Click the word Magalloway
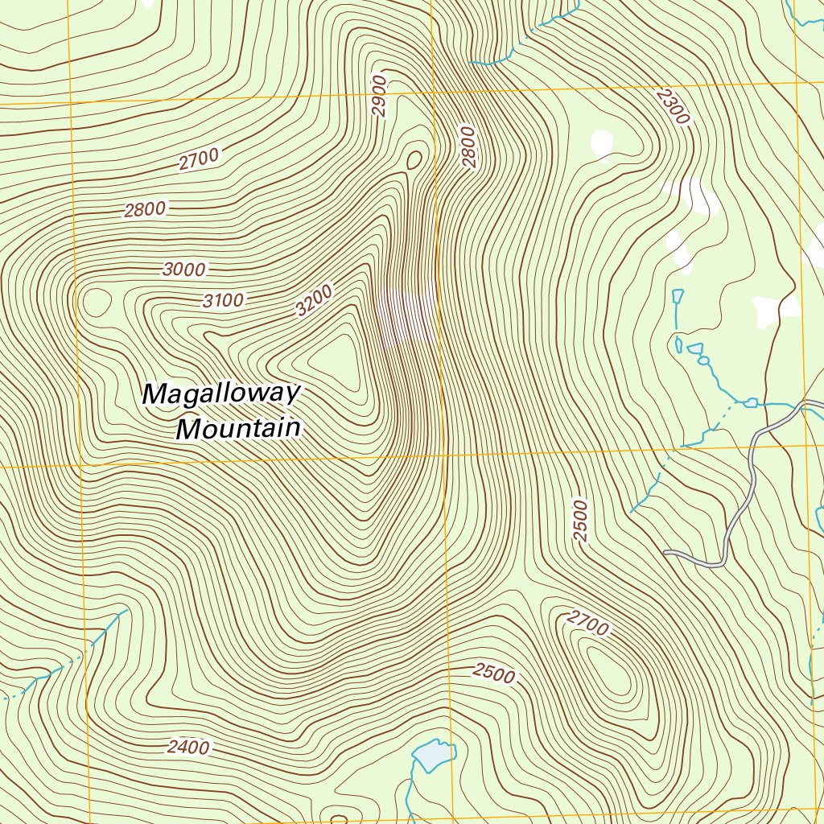pyautogui.click(x=221, y=393)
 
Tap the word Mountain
pyautogui.click(x=238, y=428)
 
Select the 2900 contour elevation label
pyautogui.click(x=380, y=96)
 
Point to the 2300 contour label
pyautogui.click(x=673, y=106)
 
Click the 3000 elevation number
pyautogui.click(x=184, y=270)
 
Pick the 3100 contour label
pyautogui.click(x=223, y=301)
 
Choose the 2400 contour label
pyautogui.click(x=188, y=748)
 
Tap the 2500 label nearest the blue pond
pyautogui.click(x=493, y=673)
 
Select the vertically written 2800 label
pyautogui.click(x=469, y=146)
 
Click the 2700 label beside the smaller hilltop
pyautogui.click(x=587, y=622)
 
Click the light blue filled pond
pyautogui.click(x=431, y=755)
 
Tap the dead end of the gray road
pyautogui.click(x=666, y=553)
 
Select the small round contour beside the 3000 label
pyautogui.click(x=97, y=302)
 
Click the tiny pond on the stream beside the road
pyautogui.click(x=751, y=402)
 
